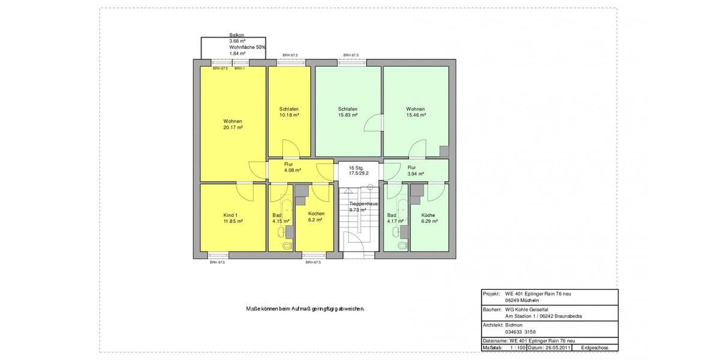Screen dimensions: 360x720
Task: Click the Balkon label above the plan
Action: pyautogui.click(x=236, y=35)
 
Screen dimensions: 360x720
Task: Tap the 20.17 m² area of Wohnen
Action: pyautogui.click(x=233, y=128)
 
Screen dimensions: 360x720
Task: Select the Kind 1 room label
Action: pyautogui.click(x=230, y=215)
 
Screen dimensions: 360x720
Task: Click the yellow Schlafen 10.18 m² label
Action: pyautogui.click(x=289, y=112)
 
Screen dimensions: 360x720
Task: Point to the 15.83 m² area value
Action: pyautogui.click(x=348, y=115)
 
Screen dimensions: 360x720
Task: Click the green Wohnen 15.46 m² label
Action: pyautogui.click(x=415, y=112)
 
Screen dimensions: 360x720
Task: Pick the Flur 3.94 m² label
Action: pyautogui.click(x=415, y=171)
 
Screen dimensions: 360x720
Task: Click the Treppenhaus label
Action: pyautogui.click(x=363, y=204)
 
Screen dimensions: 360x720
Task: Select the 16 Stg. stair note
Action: pyautogui.click(x=356, y=168)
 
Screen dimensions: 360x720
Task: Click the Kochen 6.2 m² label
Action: pyautogui.click(x=316, y=217)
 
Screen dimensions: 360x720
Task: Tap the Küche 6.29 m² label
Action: pyautogui.click(x=428, y=218)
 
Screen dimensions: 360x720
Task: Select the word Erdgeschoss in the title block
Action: pyautogui.click(x=595, y=347)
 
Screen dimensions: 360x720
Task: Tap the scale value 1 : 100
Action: pyautogui.click(x=517, y=347)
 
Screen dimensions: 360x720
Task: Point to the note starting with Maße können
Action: pyautogui.click(x=305, y=309)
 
